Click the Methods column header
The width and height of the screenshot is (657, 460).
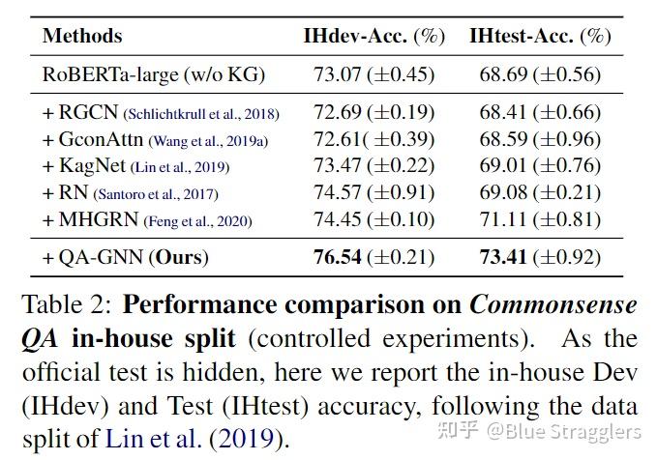click(x=82, y=37)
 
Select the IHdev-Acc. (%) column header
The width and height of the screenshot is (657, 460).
click(x=373, y=37)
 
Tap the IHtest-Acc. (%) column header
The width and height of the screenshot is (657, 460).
click(x=540, y=37)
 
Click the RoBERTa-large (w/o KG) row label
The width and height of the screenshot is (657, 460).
click(x=153, y=73)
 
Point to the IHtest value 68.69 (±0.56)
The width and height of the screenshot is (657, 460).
click(x=540, y=73)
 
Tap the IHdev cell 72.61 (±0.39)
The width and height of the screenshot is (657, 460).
click(x=373, y=139)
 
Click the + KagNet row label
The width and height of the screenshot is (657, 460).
click(x=86, y=166)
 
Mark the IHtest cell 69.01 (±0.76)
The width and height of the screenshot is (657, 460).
click(x=540, y=166)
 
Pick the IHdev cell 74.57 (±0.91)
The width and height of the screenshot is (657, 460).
click(x=373, y=193)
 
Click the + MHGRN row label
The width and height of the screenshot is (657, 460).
click(x=91, y=220)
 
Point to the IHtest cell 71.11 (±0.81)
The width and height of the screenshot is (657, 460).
click(x=540, y=220)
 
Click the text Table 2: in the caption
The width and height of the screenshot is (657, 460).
click(x=67, y=305)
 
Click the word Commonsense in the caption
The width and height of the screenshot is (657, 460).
click(x=553, y=305)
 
